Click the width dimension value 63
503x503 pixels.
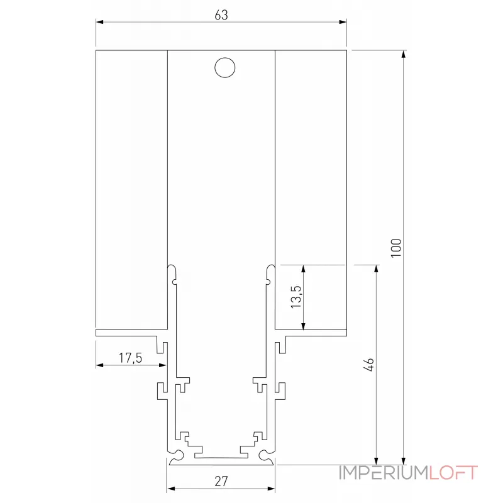[x=221, y=15]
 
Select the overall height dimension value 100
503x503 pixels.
[x=395, y=247]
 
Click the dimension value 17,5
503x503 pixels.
[x=131, y=358]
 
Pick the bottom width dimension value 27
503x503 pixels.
[x=221, y=482]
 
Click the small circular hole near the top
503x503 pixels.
[x=224, y=68]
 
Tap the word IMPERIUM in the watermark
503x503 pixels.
[x=383, y=473]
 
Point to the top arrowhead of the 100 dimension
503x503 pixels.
[x=404, y=53]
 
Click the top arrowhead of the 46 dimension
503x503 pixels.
[x=376, y=268]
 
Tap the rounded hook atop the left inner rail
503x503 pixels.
[x=172, y=271]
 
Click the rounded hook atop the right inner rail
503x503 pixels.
[x=270, y=271]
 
